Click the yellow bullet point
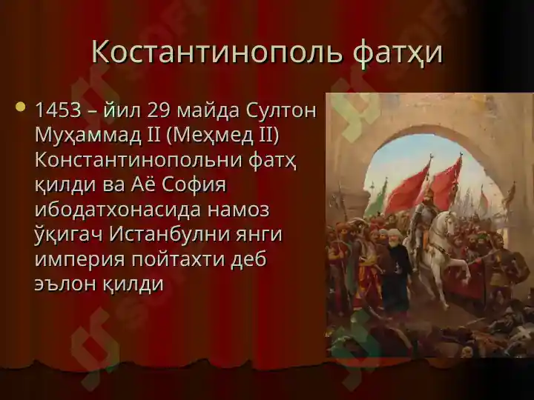21,107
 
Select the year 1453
58,110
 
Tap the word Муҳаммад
88,136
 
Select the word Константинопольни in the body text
142,160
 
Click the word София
194,184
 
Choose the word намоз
239,210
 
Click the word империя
79,261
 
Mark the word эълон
66,284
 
